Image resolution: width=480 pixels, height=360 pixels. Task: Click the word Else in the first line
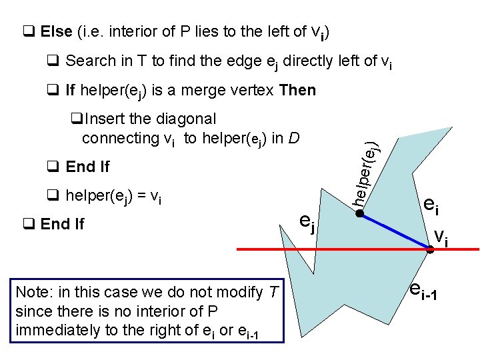click(57, 31)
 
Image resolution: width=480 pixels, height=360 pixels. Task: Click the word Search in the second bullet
click(91, 61)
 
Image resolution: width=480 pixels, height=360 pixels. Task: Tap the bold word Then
click(297, 90)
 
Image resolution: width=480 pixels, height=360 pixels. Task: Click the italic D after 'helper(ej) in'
click(295, 139)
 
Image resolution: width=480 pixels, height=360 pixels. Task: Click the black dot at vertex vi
click(430, 249)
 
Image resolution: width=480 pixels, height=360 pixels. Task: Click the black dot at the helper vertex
click(358, 214)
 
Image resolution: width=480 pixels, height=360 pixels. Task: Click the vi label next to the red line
click(441, 236)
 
